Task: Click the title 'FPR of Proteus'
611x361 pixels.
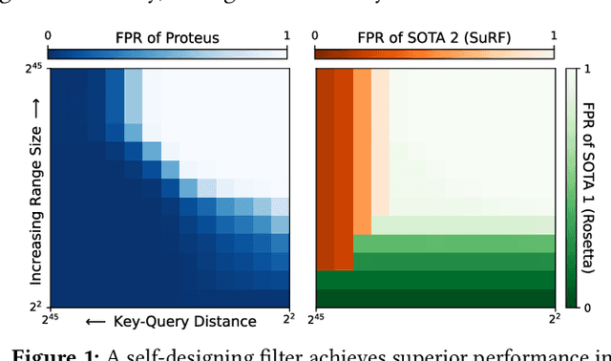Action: [x=168, y=38]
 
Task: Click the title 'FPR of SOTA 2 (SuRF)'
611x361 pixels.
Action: [x=434, y=38]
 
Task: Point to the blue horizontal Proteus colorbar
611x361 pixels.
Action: [x=168, y=53]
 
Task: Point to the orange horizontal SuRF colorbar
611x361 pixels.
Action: [x=434, y=53]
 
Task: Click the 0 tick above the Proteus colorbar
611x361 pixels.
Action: [x=50, y=34]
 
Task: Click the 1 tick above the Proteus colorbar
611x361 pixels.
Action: [x=285, y=34]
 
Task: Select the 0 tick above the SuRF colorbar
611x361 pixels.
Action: [x=317, y=34]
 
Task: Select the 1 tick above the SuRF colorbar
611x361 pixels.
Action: [x=552, y=34]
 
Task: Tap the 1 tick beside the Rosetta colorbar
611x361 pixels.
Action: [x=588, y=73]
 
